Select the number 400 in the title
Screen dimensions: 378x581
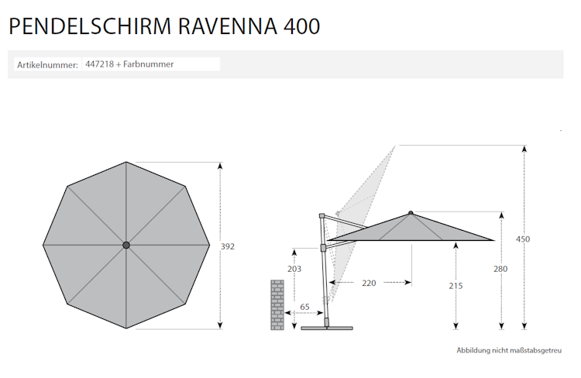click(301, 26)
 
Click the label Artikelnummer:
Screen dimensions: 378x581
click(47, 65)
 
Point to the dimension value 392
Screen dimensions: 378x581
click(227, 246)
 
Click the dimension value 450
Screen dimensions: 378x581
click(523, 239)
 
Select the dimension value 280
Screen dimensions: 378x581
click(501, 269)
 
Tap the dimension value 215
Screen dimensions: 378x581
click(456, 285)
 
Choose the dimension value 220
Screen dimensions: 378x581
click(369, 283)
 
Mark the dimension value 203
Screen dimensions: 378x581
click(294, 269)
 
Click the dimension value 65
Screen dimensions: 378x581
click(304, 308)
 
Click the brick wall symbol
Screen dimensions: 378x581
click(277, 304)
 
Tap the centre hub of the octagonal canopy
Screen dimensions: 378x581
click(126, 246)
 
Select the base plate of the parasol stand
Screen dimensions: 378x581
click(327, 328)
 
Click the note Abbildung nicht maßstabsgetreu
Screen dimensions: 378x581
click(509, 351)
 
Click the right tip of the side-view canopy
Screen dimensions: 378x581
click(492, 239)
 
